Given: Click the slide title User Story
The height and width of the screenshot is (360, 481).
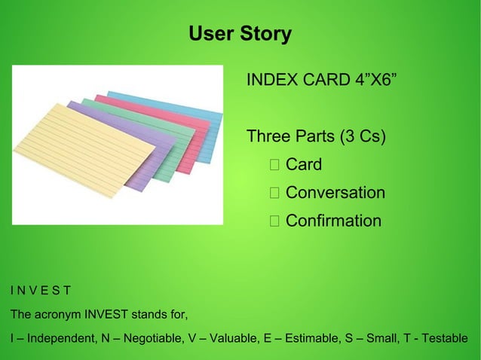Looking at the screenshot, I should [x=240, y=34].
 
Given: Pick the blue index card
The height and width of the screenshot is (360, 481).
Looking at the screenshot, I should [x=204, y=113].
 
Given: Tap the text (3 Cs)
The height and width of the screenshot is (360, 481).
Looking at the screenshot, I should [x=362, y=137].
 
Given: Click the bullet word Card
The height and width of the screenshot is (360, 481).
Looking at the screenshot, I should [x=304, y=165].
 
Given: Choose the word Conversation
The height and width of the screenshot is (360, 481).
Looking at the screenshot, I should [x=335, y=193].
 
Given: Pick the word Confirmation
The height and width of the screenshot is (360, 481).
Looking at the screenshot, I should [x=333, y=221].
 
